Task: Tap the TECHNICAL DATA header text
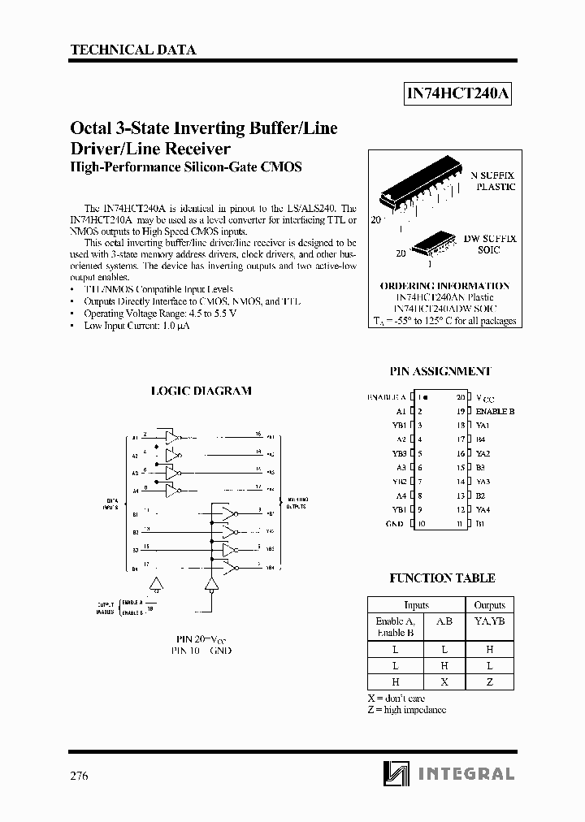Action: click(x=133, y=50)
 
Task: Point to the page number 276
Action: click(x=80, y=775)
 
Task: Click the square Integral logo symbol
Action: click(x=396, y=774)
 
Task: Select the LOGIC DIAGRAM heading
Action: click(x=201, y=391)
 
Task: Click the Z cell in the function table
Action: click(x=489, y=682)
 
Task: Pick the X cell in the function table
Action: click(x=444, y=682)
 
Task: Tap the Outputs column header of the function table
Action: click(x=489, y=604)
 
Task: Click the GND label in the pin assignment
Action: click(x=394, y=524)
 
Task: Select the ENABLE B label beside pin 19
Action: click(x=495, y=411)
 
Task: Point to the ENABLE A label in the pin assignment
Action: click(x=386, y=397)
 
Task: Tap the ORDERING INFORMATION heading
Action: click(x=444, y=286)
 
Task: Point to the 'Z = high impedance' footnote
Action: click(x=406, y=710)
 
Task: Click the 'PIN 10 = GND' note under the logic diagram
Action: click(x=201, y=651)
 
